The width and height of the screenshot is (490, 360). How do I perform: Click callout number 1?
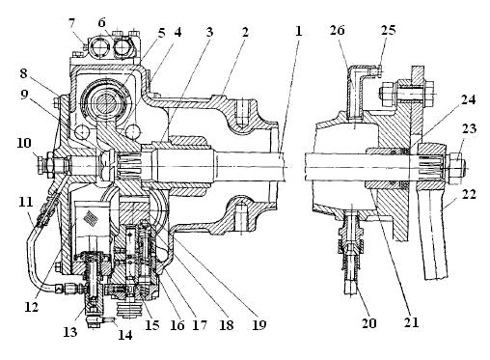point(299,31)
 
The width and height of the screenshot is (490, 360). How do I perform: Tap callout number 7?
point(71,23)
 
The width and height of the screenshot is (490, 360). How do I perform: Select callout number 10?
point(24,143)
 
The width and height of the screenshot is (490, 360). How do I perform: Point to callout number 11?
point(25,202)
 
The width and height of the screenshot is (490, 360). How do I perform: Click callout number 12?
point(32,307)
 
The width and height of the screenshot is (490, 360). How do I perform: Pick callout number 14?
point(125,335)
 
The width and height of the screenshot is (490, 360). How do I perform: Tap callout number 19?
point(259,325)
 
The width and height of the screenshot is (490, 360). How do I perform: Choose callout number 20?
point(368,323)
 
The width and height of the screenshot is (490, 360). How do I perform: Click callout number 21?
point(412,322)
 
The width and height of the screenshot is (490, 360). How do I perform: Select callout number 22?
point(470,194)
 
